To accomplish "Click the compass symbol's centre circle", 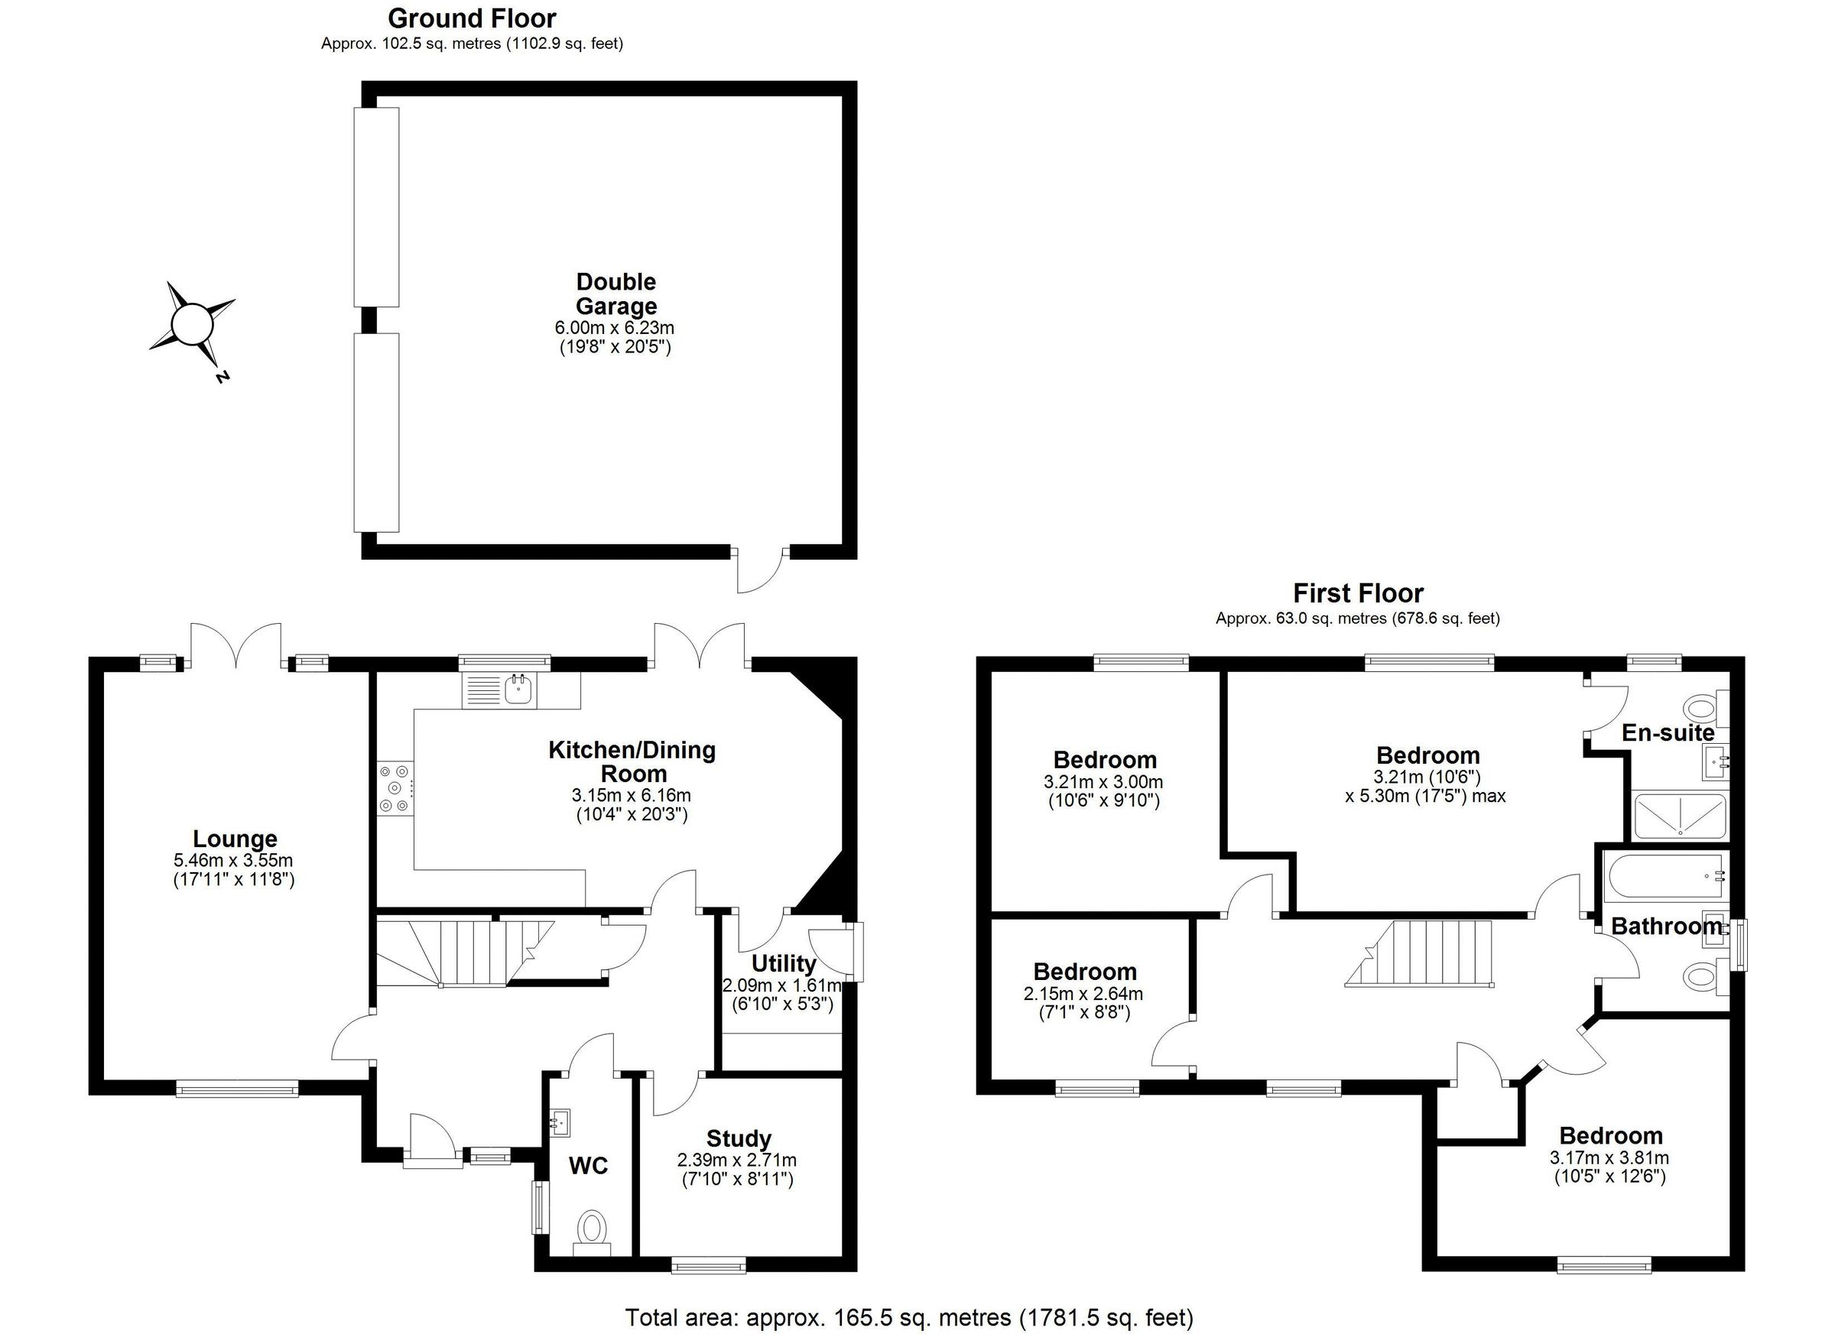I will tap(193, 324).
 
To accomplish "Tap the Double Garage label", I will tap(615, 294).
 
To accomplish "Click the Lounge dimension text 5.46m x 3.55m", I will tap(233, 860).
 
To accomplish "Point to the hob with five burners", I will tap(395, 788).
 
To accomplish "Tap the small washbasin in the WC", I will tap(558, 1121).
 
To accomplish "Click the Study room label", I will tap(738, 1138).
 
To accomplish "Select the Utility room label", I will tap(782, 963).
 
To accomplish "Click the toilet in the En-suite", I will tap(1700, 709).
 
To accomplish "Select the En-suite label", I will tap(1668, 733).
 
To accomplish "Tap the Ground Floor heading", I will tap(472, 18).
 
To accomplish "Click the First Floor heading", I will tap(1357, 593).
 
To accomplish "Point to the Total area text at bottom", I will tap(908, 1317).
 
